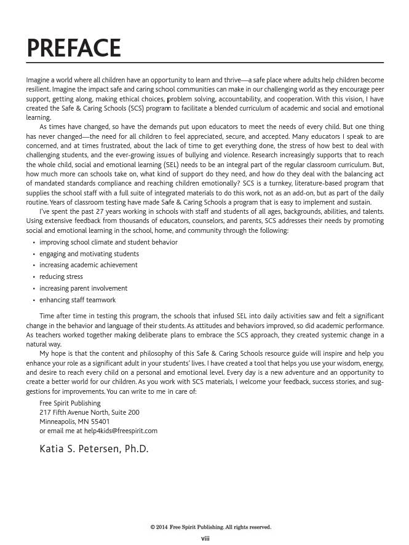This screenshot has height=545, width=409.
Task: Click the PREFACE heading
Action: click(73, 48)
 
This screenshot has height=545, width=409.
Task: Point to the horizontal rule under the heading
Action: click(205, 63)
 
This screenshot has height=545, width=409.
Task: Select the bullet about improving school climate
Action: click(108, 242)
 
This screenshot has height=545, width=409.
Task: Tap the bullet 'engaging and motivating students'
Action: click(89, 254)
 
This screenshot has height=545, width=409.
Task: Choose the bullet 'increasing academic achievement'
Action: click(89, 265)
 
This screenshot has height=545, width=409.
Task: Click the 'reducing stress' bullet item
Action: click(61, 276)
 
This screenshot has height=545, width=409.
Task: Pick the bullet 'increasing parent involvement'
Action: click(84, 288)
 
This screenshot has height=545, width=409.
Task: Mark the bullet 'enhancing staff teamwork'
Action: click(77, 300)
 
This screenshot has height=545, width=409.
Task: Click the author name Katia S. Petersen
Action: click(94, 449)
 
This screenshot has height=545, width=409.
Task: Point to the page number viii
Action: click(205, 538)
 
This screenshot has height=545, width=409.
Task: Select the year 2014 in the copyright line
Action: click(162, 527)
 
